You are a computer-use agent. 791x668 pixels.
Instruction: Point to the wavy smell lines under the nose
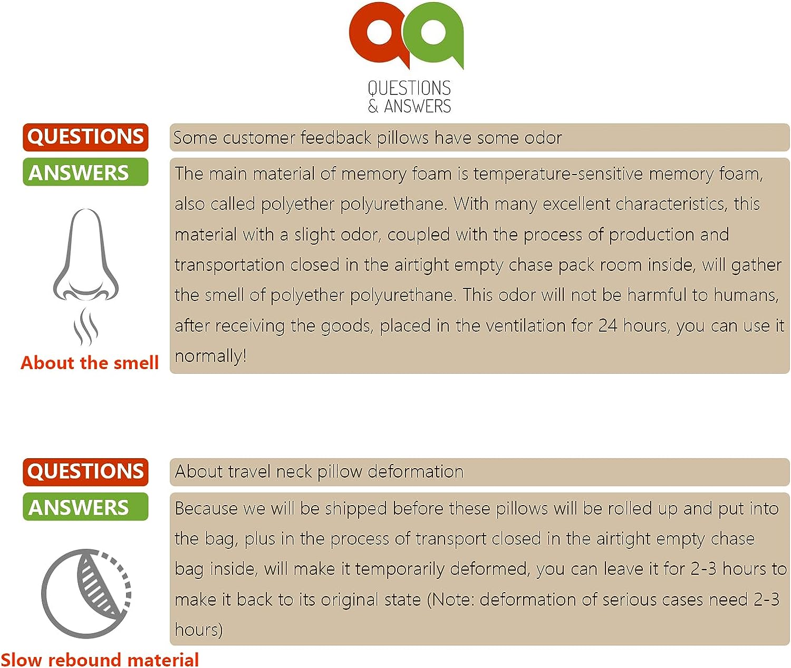85,327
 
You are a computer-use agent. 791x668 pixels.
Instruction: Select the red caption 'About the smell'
90,363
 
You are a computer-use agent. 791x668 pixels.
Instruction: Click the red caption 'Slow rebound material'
100,659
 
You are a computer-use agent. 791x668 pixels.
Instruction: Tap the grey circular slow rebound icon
86,593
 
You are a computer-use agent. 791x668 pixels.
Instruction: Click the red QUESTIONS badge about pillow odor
85,137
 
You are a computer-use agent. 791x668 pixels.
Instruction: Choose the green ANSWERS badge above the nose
85,172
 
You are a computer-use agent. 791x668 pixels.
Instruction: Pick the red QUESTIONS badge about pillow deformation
85,471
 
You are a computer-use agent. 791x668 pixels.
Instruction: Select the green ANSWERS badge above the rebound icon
85,507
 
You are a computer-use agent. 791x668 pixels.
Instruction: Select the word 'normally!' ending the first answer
210,356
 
